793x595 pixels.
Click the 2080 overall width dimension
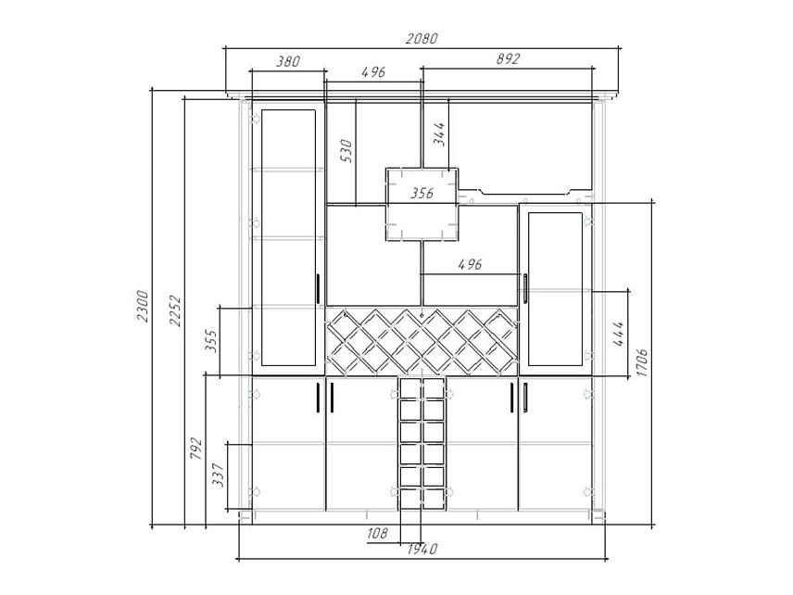422,38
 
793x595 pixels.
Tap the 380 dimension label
288,62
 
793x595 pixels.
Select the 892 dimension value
508,59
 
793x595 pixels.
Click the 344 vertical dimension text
440,134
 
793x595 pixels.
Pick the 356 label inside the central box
422,193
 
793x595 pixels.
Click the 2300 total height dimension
142,306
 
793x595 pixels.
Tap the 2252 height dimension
175,310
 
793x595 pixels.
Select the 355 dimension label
211,341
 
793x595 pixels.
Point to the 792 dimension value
195,449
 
